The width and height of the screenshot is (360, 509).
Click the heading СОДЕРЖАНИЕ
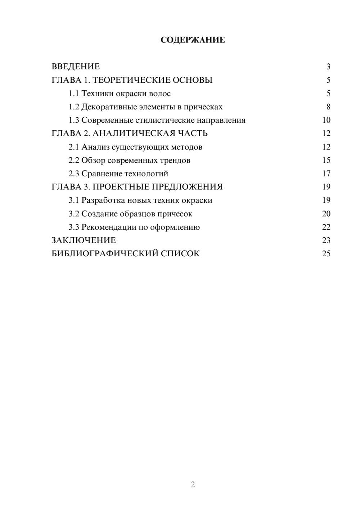[x=193, y=40]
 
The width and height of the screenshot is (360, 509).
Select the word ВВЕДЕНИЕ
[x=76, y=67]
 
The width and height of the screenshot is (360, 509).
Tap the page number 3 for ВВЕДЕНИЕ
[x=328, y=67]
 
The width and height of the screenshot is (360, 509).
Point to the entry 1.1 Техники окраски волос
[x=120, y=94]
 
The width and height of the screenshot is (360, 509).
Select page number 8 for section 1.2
[x=328, y=107]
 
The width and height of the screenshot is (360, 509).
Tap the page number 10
[x=326, y=120]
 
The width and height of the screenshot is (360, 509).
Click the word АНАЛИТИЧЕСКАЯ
[x=133, y=134]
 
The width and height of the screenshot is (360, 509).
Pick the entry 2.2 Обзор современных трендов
[x=129, y=160]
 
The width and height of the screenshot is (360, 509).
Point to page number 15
[x=326, y=160]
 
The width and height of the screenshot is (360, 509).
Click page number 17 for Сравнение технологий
[x=326, y=174]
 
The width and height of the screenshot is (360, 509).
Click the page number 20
[x=326, y=214]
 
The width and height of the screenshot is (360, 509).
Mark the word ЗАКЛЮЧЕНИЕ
[x=84, y=240]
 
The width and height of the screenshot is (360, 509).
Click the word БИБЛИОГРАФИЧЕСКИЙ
[x=105, y=254]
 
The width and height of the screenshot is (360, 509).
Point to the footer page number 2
[x=193, y=485]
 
